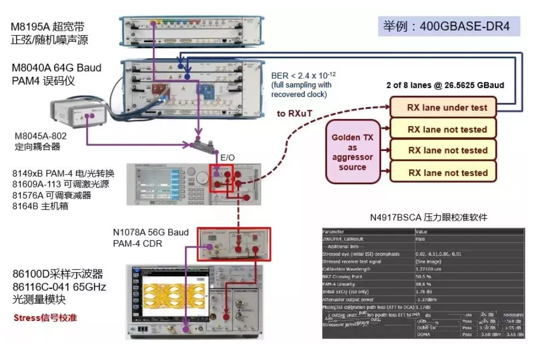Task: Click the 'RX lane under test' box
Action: click(x=447, y=108)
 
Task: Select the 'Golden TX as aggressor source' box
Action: click(x=352, y=152)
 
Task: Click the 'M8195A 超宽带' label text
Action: click(x=48, y=26)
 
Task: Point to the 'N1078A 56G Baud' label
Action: click(x=151, y=232)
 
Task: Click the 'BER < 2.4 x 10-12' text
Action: click(x=303, y=75)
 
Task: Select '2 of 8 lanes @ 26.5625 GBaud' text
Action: click(x=445, y=85)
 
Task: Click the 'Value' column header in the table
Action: click(x=422, y=231)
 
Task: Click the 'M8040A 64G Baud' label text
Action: click(x=56, y=68)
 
